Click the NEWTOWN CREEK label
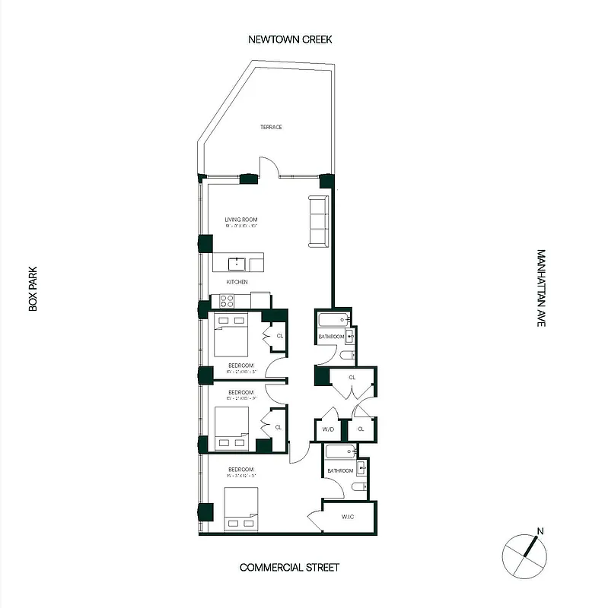point(290,39)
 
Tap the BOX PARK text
point(33,288)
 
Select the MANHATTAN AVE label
point(541,288)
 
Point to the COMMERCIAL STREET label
point(289,567)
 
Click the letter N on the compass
point(540,531)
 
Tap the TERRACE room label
point(271,127)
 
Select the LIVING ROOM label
point(237,221)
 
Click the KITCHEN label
point(237,282)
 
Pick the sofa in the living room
point(319,221)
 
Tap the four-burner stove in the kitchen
point(227,300)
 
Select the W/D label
point(328,429)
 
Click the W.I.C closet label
point(348,517)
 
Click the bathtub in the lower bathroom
point(341,452)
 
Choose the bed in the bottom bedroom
point(241,509)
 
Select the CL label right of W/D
point(361,429)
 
